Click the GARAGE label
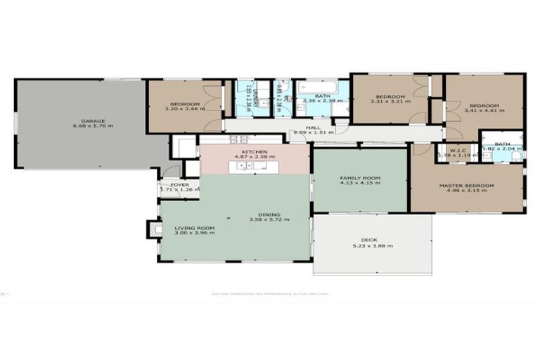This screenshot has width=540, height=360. [92, 120]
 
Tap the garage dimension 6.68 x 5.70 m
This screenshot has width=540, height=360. [92, 127]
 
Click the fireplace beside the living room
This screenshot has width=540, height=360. [153, 229]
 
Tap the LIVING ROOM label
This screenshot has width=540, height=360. [194, 228]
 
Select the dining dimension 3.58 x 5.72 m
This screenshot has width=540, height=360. [269, 220]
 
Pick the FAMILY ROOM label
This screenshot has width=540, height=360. [359, 178]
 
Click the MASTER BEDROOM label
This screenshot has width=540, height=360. [466, 186]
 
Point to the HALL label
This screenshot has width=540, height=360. [313, 127]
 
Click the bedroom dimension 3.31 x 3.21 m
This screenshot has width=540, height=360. [389, 102]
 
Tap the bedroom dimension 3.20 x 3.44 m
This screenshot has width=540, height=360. [182, 110]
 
